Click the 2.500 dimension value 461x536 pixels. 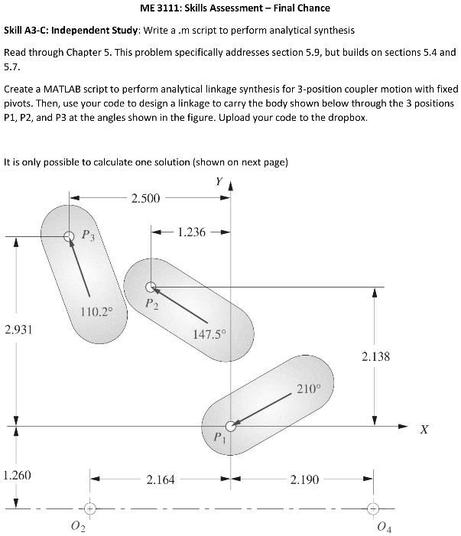point(145,200)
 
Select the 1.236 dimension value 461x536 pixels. point(191,232)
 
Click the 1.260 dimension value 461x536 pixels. point(16,476)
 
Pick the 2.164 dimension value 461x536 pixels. point(161,480)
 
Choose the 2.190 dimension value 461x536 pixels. point(305,480)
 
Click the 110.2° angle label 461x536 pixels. point(96,311)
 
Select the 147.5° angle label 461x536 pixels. point(209,334)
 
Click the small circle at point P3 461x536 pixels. point(70,236)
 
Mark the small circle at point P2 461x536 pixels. point(151,287)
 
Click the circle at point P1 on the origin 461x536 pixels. point(231,427)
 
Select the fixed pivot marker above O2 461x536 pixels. point(89,508)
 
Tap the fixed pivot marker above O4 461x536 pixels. point(373,508)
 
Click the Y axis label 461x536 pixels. point(219,182)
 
